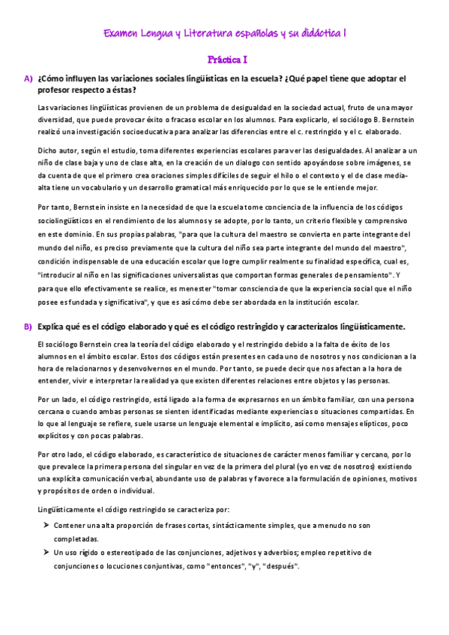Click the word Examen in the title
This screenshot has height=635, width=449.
click(x=120, y=34)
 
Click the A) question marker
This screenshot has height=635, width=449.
click(x=28, y=78)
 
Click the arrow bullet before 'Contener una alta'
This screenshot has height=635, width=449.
click(x=46, y=526)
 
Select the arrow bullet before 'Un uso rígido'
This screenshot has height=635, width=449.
click(x=46, y=553)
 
